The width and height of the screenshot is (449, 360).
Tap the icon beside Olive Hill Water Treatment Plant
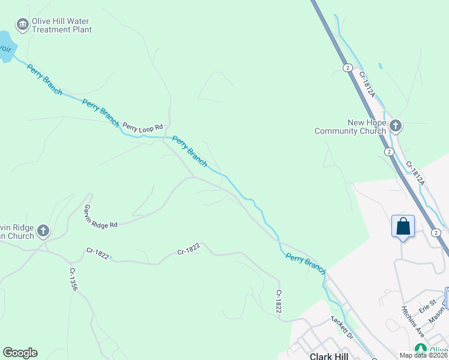pos(23,24)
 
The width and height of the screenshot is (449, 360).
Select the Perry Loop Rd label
pos(143,127)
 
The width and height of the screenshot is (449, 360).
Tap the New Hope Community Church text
pos(350,127)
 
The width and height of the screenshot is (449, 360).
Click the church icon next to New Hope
pos(395,126)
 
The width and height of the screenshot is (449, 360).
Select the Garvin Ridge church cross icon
pos(43,230)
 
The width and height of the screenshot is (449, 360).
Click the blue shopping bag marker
pos(403,227)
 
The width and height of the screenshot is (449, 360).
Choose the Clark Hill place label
pos(329,356)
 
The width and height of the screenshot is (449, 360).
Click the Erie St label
pos(427,307)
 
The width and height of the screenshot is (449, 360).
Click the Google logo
pos(20,353)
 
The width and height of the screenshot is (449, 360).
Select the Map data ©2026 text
pos(423,355)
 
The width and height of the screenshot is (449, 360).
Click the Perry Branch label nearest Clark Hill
pos(306,263)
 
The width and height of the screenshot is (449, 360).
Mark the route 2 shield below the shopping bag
pos(436,233)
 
